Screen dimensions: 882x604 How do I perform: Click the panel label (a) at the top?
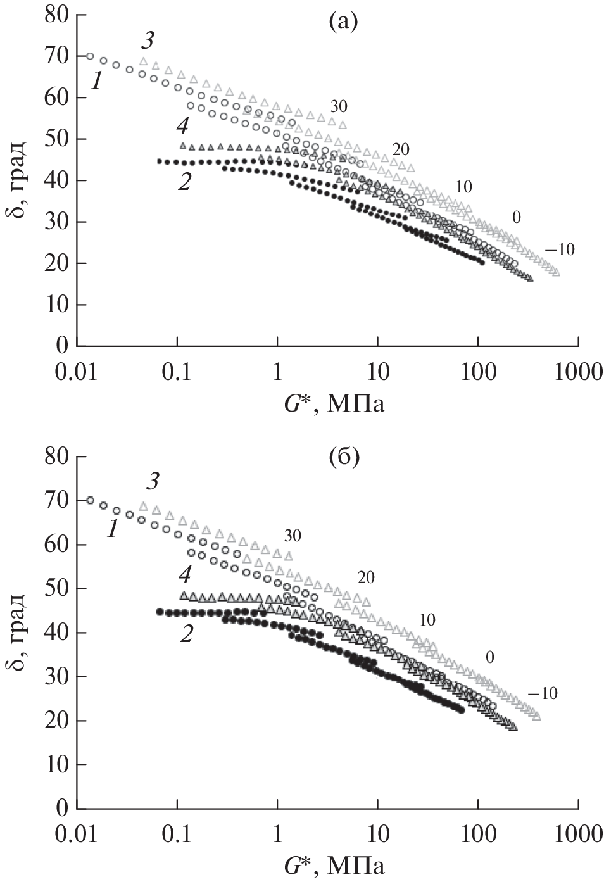click(x=343, y=23)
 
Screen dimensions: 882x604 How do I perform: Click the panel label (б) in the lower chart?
click(x=343, y=456)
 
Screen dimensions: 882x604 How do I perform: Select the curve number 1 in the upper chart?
click(x=96, y=80)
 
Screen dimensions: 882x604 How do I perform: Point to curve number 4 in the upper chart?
click(x=182, y=127)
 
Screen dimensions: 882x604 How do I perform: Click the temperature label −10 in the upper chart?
click(x=560, y=249)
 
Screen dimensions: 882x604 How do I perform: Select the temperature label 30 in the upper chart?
click(x=338, y=105)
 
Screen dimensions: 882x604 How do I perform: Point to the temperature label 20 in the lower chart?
click(x=366, y=577)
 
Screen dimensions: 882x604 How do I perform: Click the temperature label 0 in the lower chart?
click(x=489, y=658)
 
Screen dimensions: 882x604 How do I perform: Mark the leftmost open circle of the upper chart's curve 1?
click(x=90, y=56)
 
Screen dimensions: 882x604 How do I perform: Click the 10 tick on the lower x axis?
click(x=377, y=834)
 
